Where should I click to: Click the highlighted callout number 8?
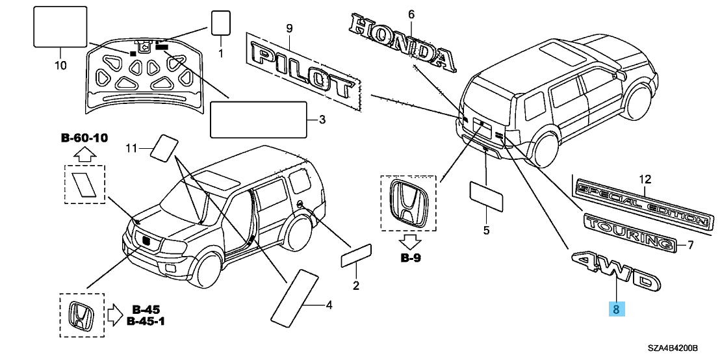coord(617,309)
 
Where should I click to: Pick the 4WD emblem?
coord(614,272)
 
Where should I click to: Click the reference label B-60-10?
coord(84,138)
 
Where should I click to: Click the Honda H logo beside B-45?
coord(81,315)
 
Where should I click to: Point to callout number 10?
coord(60,66)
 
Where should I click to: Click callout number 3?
coord(321,120)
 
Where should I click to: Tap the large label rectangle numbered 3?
coord(258,120)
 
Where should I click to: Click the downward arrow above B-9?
coord(411,242)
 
